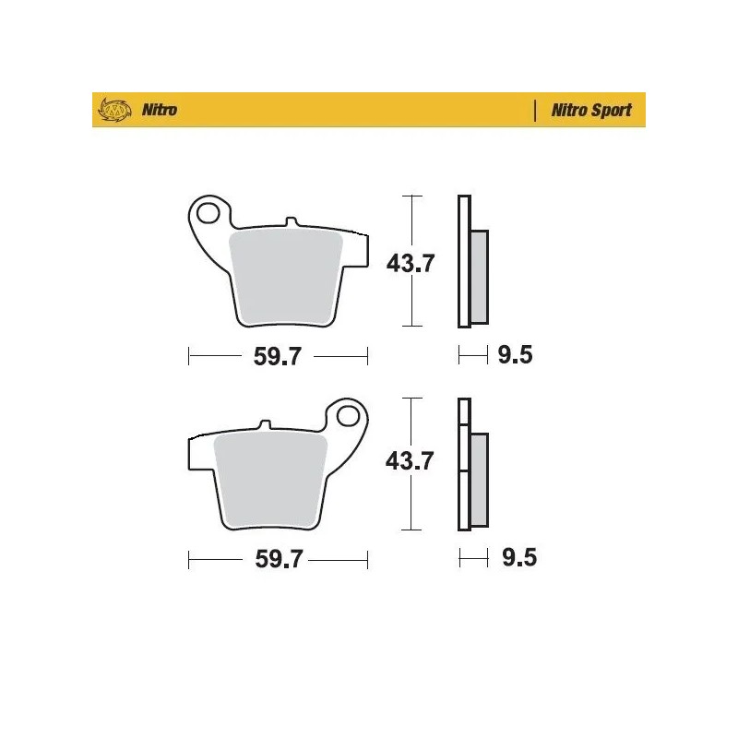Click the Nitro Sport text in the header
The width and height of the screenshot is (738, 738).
pos(591,110)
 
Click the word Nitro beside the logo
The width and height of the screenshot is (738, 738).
pos(159,111)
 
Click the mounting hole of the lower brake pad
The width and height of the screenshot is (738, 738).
pos(349,417)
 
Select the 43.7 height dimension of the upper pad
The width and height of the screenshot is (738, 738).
pos(410,263)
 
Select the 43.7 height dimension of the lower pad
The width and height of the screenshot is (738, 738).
pos(410,461)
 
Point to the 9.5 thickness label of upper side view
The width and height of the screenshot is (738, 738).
pos(515,356)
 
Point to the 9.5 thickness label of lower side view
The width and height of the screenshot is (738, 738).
pos(515,558)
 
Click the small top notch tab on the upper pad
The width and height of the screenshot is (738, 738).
pos(292,222)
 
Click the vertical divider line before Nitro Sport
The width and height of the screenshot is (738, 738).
pos(536,111)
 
